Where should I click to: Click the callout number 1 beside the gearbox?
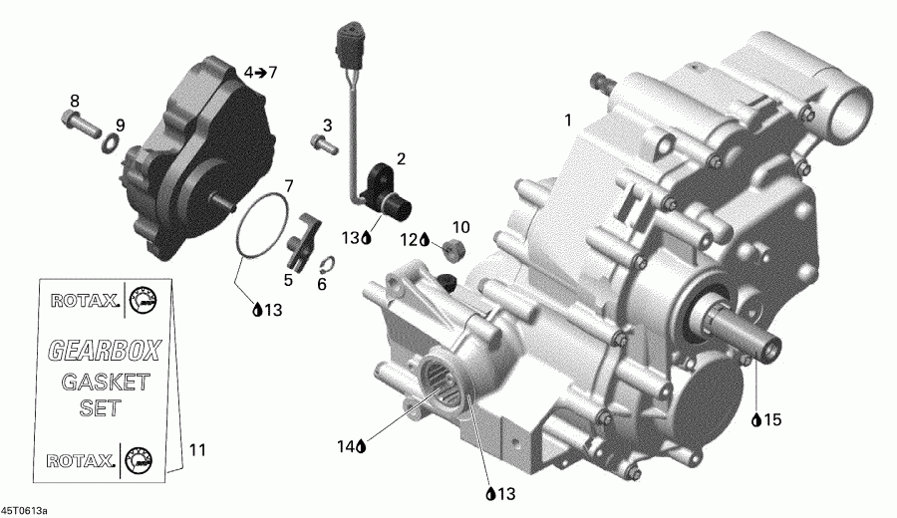tap(568, 122)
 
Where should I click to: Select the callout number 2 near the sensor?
tap(401, 158)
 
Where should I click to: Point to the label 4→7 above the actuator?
tap(260, 72)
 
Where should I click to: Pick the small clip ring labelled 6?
tap(327, 264)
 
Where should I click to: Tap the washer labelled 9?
tap(109, 147)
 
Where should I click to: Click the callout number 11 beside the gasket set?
tap(196, 450)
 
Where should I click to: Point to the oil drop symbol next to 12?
tap(425, 240)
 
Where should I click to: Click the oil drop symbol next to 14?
tap(361, 447)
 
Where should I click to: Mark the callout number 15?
tap(771, 420)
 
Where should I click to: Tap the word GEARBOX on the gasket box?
tap(92, 350)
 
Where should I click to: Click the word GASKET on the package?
tap(104, 382)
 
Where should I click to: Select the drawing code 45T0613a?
tap(24, 510)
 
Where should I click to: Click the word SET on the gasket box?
tap(101, 408)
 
